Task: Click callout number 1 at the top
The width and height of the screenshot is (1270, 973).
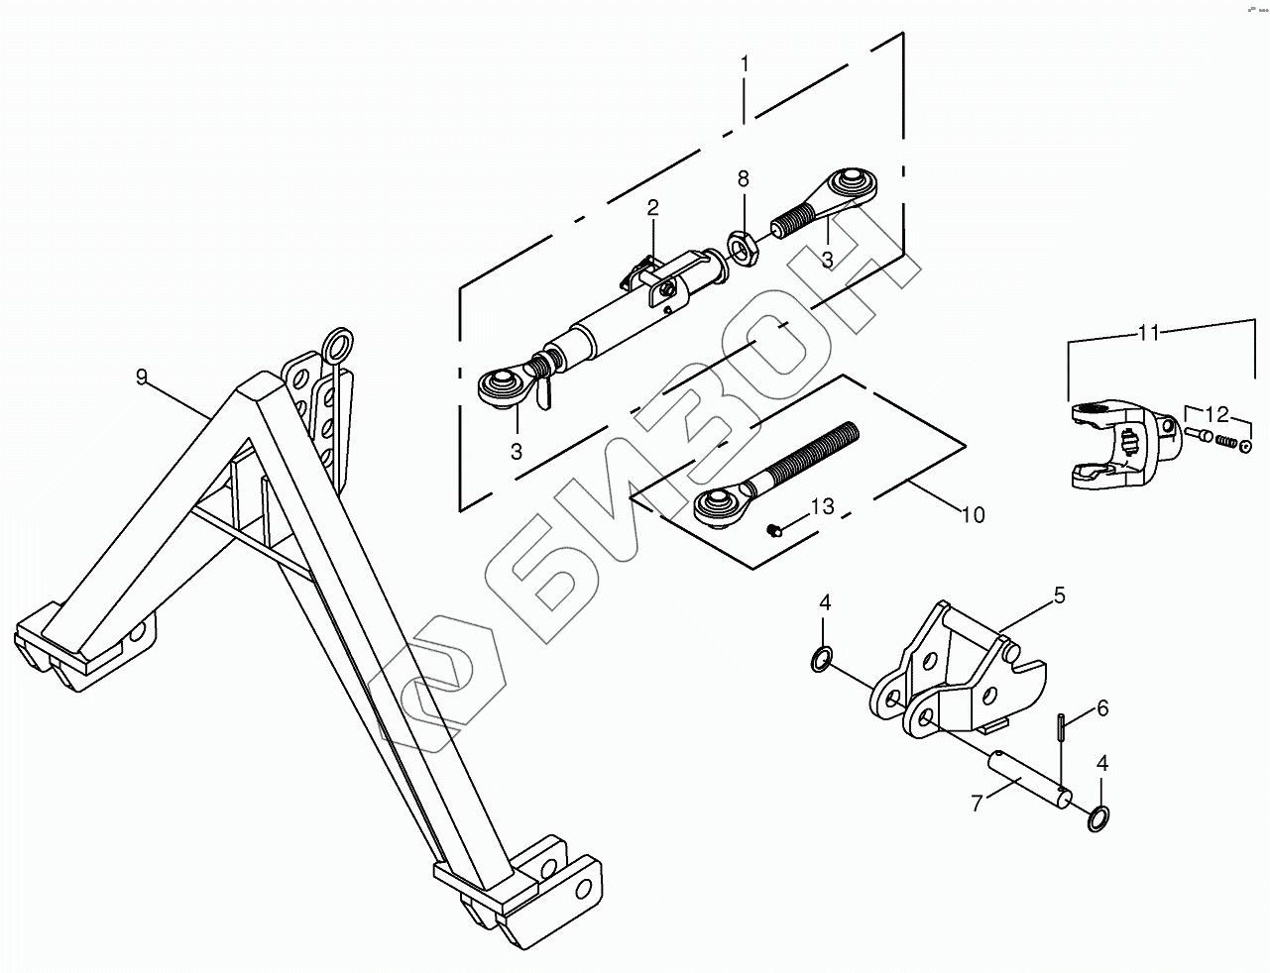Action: pyautogui.click(x=745, y=64)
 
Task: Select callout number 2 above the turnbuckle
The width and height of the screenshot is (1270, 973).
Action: pyautogui.click(x=652, y=208)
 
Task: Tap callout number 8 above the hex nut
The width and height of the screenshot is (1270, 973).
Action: pyautogui.click(x=743, y=179)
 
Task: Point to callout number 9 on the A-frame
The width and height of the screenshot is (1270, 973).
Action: pyautogui.click(x=142, y=377)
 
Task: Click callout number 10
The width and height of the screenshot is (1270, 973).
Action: pyautogui.click(x=973, y=515)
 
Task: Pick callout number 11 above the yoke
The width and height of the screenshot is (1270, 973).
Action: pyautogui.click(x=1148, y=333)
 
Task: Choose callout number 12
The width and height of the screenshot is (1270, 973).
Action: pyautogui.click(x=1216, y=412)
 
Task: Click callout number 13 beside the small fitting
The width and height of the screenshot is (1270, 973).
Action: pyautogui.click(x=822, y=507)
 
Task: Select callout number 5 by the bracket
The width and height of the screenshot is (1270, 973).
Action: pyautogui.click(x=1059, y=595)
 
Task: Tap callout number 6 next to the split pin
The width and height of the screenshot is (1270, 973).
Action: pyautogui.click(x=1101, y=708)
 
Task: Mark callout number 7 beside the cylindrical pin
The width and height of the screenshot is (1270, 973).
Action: pyautogui.click(x=979, y=803)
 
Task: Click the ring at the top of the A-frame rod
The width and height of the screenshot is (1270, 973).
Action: pyautogui.click(x=337, y=344)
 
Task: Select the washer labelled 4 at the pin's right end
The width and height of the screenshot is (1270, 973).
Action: pyautogui.click(x=1097, y=818)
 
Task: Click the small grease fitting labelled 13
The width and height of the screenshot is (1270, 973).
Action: pyautogui.click(x=776, y=531)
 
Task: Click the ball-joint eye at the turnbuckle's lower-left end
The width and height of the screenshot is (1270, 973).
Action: pyautogui.click(x=502, y=385)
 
